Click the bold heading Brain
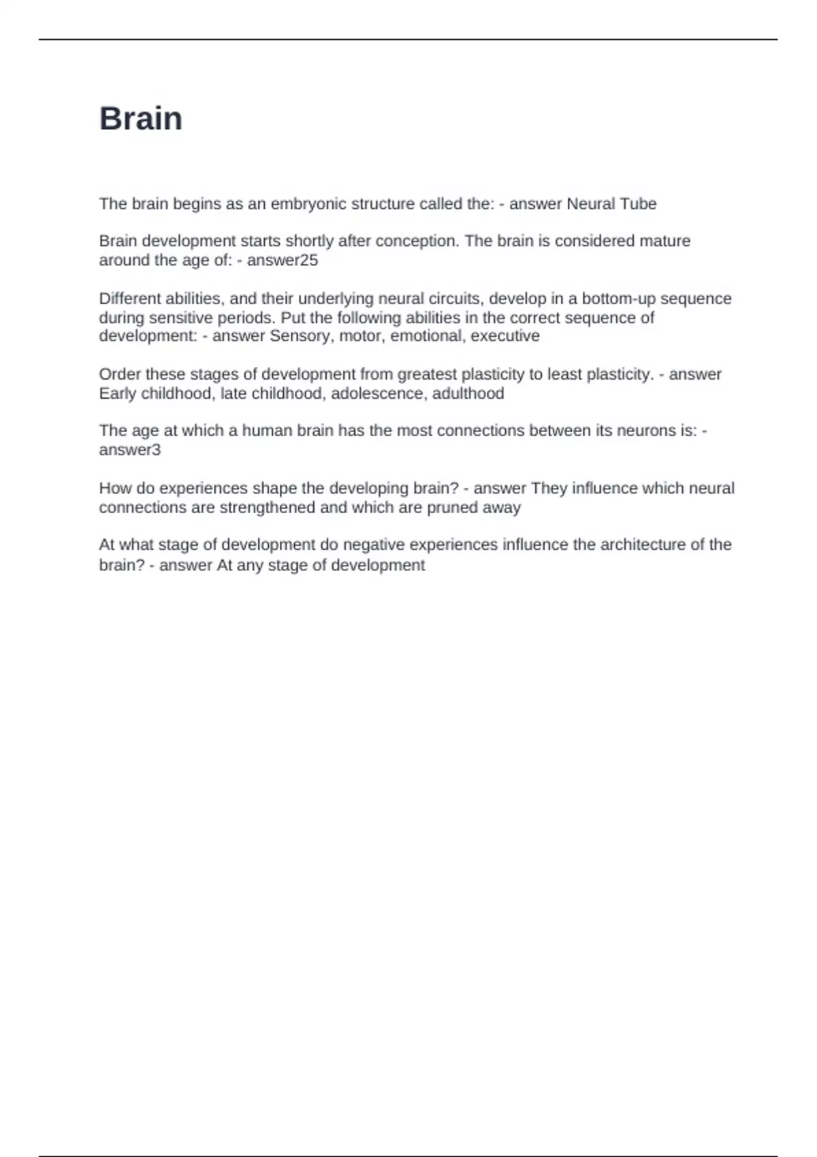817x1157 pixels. pos(141,119)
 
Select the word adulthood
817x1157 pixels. pos(468,393)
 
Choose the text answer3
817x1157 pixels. pos(130,450)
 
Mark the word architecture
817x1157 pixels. pos(632,545)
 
